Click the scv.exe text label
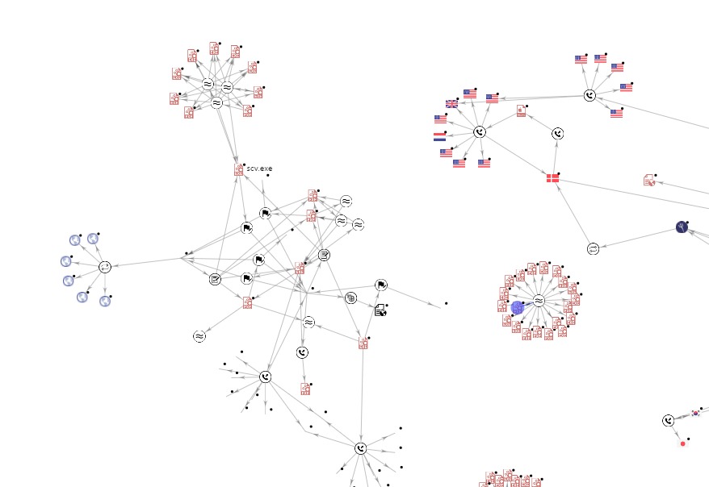[259, 169]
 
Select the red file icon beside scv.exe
[239, 169]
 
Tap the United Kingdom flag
[451, 103]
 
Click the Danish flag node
[552, 177]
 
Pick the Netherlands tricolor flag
[439, 137]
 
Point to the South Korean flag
[695, 413]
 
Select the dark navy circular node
[682, 227]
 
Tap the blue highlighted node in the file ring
[518, 307]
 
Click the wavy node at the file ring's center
[539, 301]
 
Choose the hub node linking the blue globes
[105, 267]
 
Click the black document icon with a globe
[380, 310]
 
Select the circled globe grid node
[350, 298]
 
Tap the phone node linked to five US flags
[589, 96]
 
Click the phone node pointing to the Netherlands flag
[479, 131]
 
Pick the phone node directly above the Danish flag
[557, 134]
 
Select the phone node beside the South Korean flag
[668, 420]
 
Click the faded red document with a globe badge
[650, 180]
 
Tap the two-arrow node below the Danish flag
[593, 248]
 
